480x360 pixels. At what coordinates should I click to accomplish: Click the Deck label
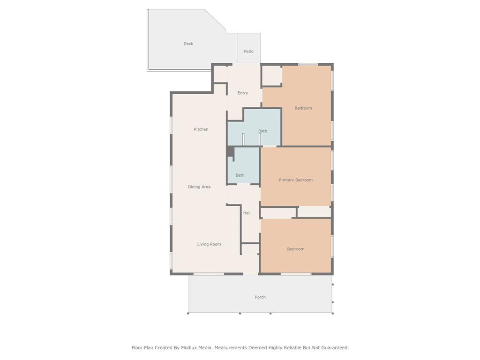[x=188, y=44]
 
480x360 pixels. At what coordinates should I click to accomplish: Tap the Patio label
[x=248, y=51]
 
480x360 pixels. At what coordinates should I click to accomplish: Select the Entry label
[x=243, y=93]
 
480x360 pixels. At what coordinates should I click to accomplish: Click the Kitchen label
[x=201, y=129]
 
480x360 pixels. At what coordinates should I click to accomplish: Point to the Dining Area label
[x=199, y=187]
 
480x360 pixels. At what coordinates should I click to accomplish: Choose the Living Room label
[x=209, y=244]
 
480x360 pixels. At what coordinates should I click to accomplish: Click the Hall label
[x=247, y=213]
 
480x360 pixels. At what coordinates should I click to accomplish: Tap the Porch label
[x=260, y=297]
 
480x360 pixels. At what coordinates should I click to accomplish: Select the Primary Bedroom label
[x=296, y=180]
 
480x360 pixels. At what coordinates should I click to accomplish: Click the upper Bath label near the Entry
[x=262, y=131]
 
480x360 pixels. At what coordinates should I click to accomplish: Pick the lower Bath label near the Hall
[x=240, y=175]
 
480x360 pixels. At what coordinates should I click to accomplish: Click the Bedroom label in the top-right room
[x=303, y=108]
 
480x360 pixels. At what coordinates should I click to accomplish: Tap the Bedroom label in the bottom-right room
[x=296, y=249]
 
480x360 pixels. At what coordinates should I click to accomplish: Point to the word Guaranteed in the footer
[x=332, y=347]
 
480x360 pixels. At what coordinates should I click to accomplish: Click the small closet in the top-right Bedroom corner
[x=271, y=75]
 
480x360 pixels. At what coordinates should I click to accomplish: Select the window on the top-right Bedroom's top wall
[x=308, y=64]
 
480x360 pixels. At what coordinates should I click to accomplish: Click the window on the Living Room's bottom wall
[x=209, y=274]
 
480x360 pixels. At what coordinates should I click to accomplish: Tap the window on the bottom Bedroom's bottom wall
[x=296, y=274]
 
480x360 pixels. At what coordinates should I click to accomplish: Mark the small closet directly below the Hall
[x=250, y=249]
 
